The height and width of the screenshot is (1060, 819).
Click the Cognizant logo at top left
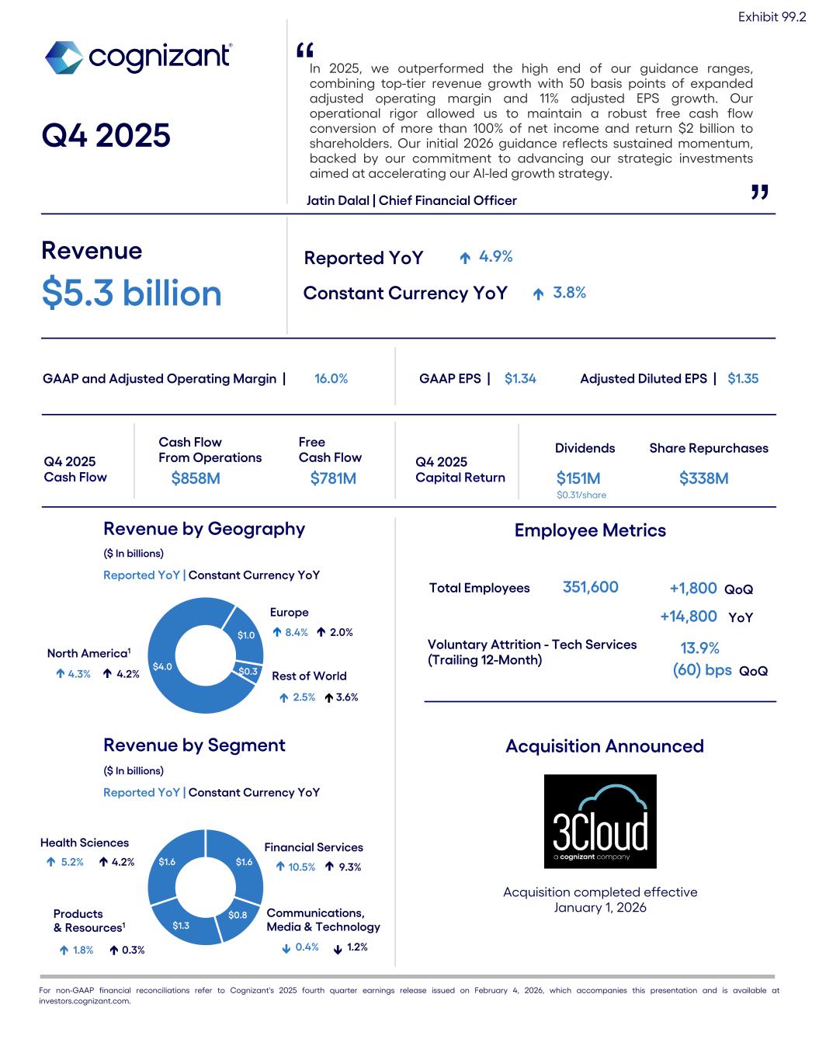pyautogui.click(x=138, y=57)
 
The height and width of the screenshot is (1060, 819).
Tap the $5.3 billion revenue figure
pyautogui.click(x=132, y=294)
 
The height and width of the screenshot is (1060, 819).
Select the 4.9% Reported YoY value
pyautogui.click(x=495, y=257)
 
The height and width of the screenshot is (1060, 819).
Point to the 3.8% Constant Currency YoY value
pyautogui.click(x=569, y=293)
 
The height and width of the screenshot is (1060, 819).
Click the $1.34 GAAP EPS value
pyautogui.click(x=520, y=379)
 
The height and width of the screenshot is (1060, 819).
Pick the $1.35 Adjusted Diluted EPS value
pyautogui.click(x=743, y=379)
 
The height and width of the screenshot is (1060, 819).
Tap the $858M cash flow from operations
pyautogui.click(x=196, y=478)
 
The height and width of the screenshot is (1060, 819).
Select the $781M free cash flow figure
pyautogui.click(x=333, y=478)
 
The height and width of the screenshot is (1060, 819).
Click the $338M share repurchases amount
pyautogui.click(x=703, y=478)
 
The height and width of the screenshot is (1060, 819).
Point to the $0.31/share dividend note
pyautogui.click(x=581, y=495)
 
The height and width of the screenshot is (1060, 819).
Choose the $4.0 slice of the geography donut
pyautogui.click(x=162, y=666)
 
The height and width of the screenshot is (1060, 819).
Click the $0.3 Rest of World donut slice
pyautogui.click(x=248, y=671)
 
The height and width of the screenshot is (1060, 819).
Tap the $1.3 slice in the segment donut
pyautogui.click(x=181, y=925)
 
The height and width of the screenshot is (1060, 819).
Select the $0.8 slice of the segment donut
pyautogui.click(x=238, y=915)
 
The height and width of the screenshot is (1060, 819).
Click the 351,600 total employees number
pyautogui.click(x=590, y=588)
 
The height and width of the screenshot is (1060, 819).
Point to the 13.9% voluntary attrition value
pyautogui.click(x=699, y=648)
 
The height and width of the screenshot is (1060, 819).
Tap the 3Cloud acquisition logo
pyautogui.click(x=600, y=821)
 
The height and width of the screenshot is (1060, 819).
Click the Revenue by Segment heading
pyautogui.click(x=194, y=745)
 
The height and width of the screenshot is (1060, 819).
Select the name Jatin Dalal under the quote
pyautogui.click(x=338, y=200)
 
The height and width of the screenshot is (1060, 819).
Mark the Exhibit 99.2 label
pyautogui.click(x=772, y=17)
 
